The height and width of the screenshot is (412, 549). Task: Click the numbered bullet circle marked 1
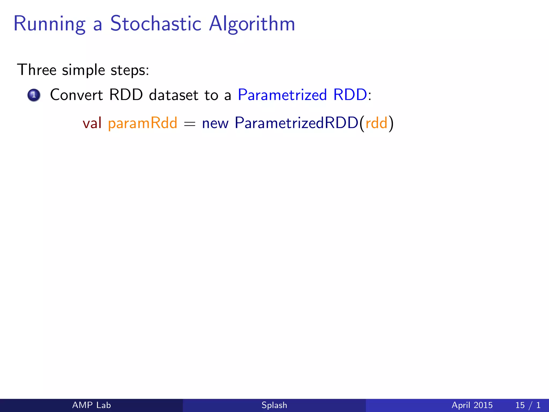coord(34,95)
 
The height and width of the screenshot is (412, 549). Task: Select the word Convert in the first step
coord(76,95)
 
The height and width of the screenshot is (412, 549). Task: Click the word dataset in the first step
coord(173,95)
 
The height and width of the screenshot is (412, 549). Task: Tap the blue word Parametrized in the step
coord(282,95)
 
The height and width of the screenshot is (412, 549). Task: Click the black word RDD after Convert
coord(126,95)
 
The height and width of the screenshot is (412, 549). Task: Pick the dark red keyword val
coord(92,123)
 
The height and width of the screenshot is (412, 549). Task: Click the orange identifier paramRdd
coord(142,123)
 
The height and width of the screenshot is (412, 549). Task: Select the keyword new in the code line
coord(215,124)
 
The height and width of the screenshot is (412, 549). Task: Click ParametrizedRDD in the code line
coord(296,123)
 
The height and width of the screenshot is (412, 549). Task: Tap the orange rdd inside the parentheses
coord(376,123)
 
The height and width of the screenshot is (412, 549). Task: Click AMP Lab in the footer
coord(91,405)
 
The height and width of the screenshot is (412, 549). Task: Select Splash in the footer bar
coord(274,405)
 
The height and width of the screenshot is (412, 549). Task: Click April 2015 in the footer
coord(472,405)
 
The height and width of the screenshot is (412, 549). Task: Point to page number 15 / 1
coord(528,405)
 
